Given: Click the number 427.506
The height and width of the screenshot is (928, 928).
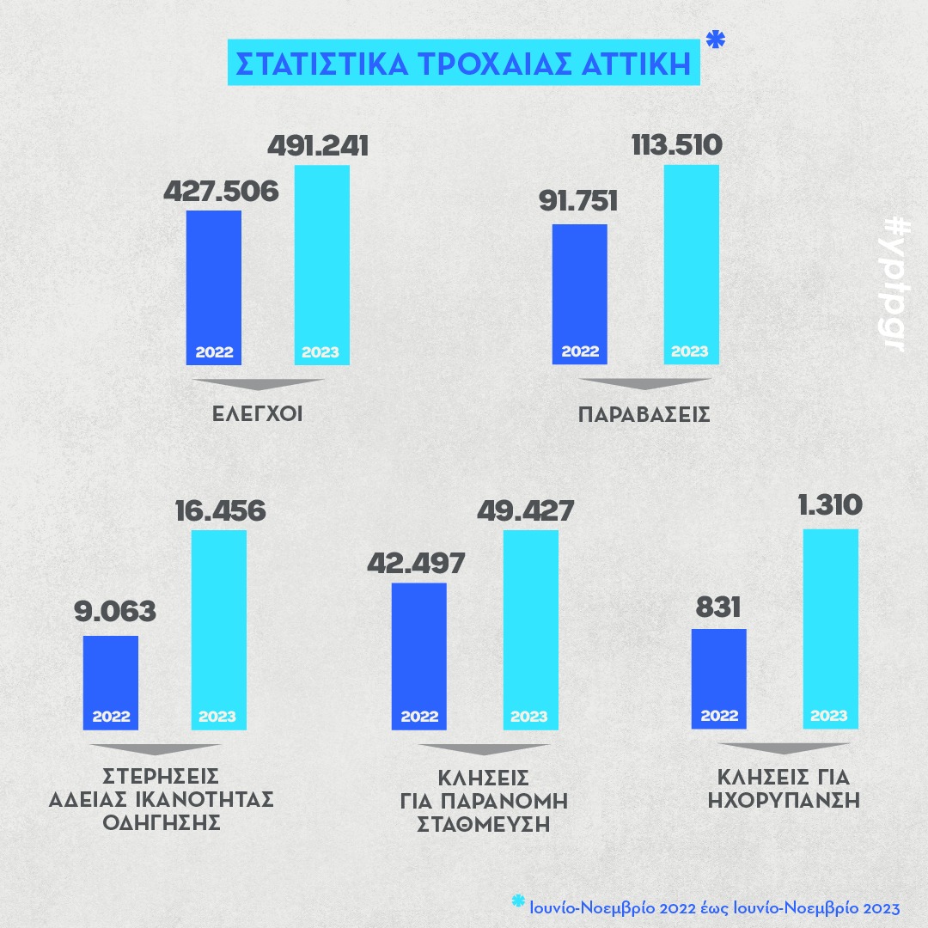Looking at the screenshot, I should coord(221,191).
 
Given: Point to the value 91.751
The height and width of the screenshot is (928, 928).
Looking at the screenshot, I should coord(579,205).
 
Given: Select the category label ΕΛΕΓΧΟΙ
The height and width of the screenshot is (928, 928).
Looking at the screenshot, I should coord(257,414).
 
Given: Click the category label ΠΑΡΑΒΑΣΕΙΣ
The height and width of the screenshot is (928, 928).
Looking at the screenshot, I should coord(644,414).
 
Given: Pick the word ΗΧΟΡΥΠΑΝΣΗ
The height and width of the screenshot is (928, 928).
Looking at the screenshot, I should coord(784,800).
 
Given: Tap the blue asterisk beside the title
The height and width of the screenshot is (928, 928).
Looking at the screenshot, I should coord(714,40).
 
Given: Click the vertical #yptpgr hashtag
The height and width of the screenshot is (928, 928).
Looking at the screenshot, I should coord(894,284).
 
